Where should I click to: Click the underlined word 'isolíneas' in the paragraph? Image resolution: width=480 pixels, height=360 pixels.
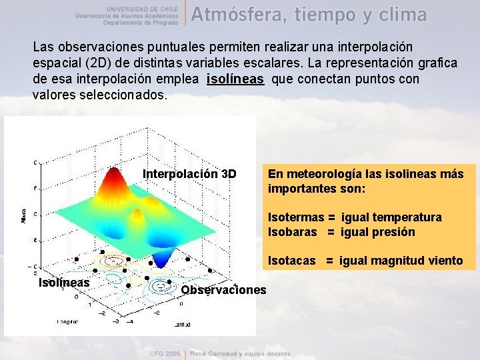coord(235,79)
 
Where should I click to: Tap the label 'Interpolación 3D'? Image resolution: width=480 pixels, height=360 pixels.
coord(189,174)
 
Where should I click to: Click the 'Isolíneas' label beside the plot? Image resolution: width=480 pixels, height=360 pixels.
coord(64,283)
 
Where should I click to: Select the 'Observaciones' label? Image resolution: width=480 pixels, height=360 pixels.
coord(223,289)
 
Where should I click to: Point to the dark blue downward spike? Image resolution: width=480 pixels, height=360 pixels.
coord(163,261)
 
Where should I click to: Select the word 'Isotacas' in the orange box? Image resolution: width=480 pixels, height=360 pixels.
coord(292,261)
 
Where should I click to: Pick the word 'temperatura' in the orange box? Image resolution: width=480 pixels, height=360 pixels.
coord(407,217)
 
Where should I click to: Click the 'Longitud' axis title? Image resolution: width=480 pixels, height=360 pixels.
coord(67,321)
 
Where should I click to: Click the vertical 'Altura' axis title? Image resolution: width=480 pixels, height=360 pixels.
coord(25,215)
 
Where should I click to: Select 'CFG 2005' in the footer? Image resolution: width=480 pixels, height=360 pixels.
coord(165,352)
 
